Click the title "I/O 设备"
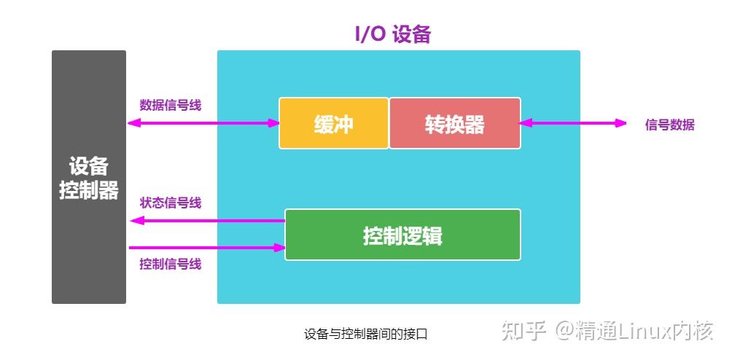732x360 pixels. pyautogui.click(x=392, y=34)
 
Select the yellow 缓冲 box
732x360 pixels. pyautogui.click(x=333, y=123)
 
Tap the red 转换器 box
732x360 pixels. pyautogui.click(x=455, y=123)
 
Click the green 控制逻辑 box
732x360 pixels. pyautogui.click(x=402, y=235)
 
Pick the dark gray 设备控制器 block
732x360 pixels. pyautogui.click(x=88, y=177)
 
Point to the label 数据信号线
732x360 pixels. pyautogui.click(x=170, y=105)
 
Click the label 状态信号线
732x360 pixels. pyautogui.click(x=170, y=203)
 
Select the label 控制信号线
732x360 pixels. pyautogui.click(x=170, y=264)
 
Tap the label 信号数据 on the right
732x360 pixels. pyautogui.click(x=669, y=125)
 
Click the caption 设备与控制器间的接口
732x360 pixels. pyautogui.click(x=365, y=334)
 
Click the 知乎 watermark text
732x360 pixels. pyautogui.click(x=521, y=332)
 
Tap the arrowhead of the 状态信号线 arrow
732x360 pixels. pyautogui.click(x=134, y=220)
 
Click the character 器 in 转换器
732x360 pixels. pyautogui.click(x=475, y=124)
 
